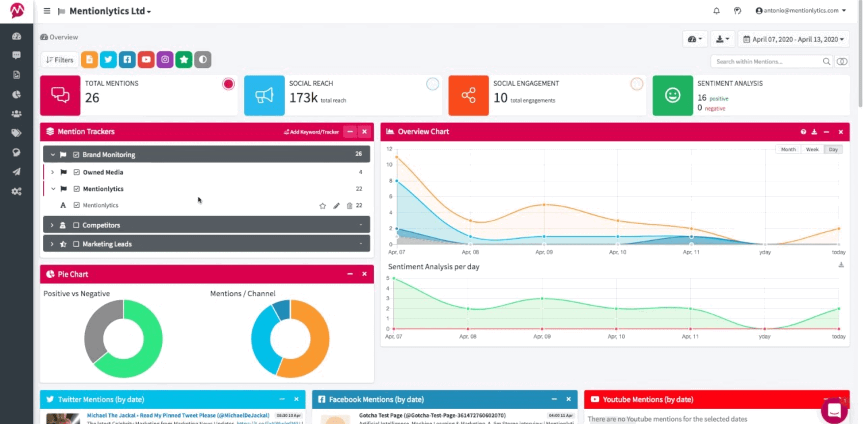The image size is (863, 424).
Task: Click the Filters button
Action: [x=60, y=60]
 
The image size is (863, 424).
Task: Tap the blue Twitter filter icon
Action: [x=108, y=60]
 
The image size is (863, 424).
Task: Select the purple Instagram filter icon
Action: [x=165, y=60]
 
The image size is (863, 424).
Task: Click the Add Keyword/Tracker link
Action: [x=311, y=132]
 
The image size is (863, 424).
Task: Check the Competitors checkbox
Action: [x=76, y=225]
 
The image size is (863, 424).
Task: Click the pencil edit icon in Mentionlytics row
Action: [x=336, y=206]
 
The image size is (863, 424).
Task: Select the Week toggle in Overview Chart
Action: [x=812, y=149]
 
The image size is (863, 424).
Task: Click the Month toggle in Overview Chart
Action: [x=788, y=149]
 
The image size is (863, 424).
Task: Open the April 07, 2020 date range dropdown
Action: [x=794, y=39]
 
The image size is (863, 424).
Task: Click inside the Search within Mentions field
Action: [x=766, y=62]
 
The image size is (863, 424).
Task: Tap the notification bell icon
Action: [x=716, y=11]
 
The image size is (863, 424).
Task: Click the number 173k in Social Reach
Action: [x=303, y=98]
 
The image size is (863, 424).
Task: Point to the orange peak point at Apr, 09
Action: [x=544, y=205]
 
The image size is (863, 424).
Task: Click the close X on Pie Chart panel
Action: [x=364, y=274]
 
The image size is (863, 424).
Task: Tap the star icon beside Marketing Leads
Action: [x=63, y=244]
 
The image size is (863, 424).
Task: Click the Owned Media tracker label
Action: [x=103, y=172]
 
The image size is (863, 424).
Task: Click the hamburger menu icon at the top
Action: [x=47, y=11]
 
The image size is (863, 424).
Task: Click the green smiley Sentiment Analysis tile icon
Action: [x=672, y=95]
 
